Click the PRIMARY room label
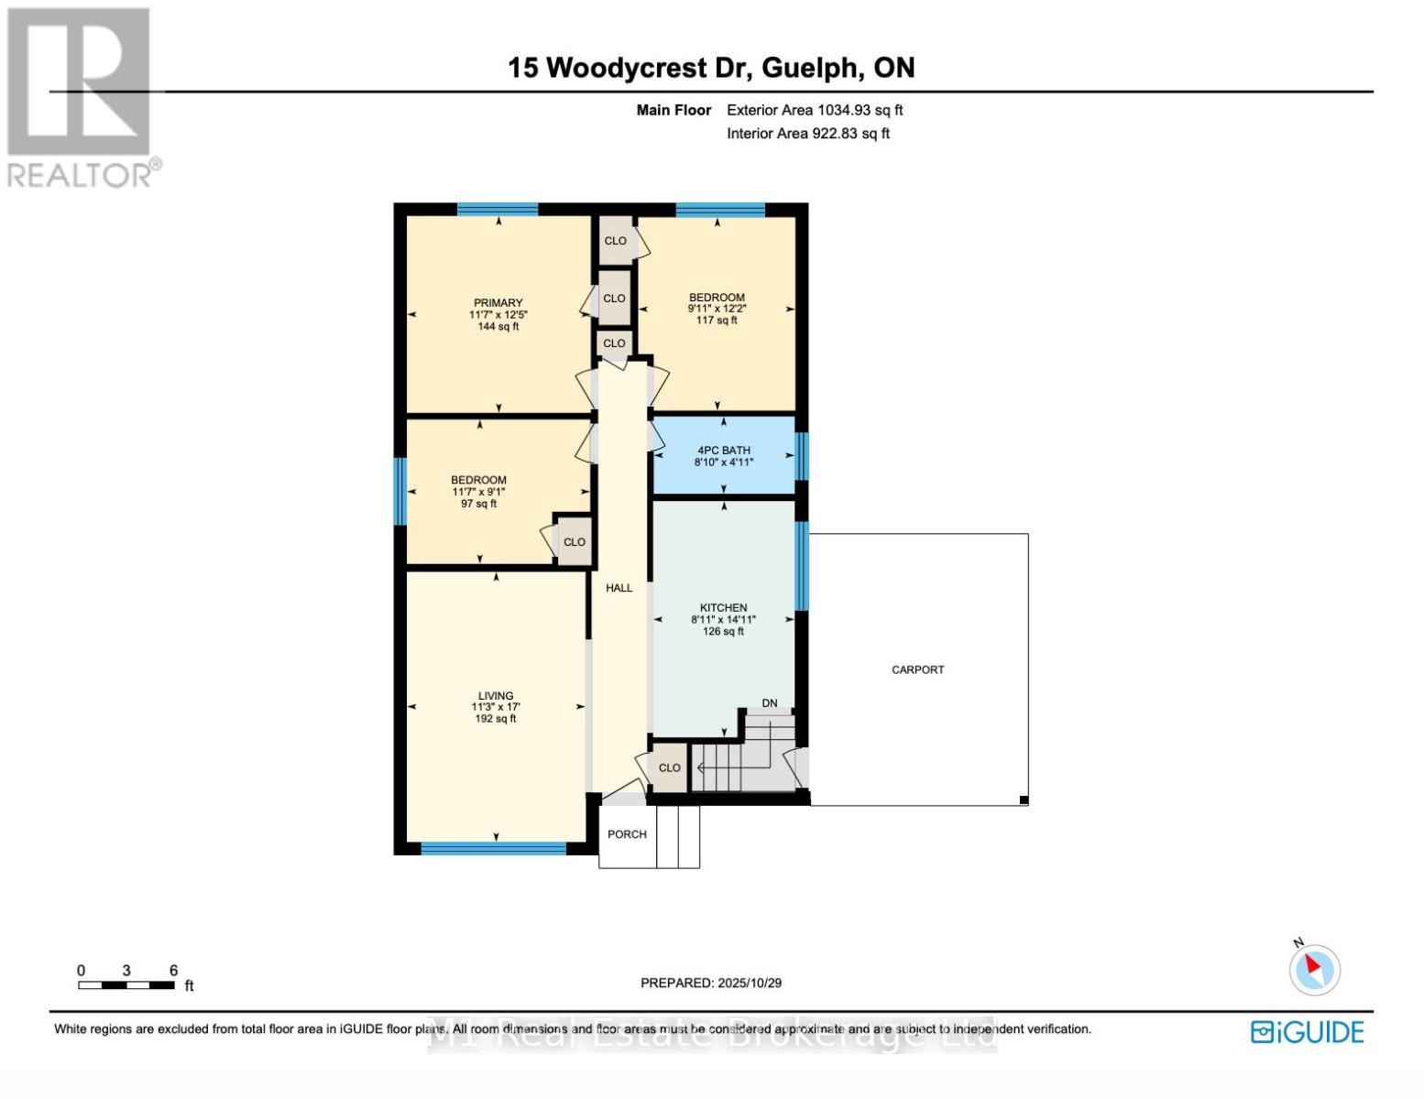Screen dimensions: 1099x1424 [498, 303]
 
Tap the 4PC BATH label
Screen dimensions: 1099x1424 [723, 451]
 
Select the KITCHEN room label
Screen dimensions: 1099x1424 [723, 608]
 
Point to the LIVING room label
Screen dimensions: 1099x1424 [495, 696]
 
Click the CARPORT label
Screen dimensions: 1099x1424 [917, 670]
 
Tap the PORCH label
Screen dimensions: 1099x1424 [627, 834]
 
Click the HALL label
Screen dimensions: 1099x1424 [619, 588]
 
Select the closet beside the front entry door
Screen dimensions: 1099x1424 [669, 767]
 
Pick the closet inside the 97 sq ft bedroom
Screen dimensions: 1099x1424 [575, 542]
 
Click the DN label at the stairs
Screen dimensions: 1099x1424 [769, 703]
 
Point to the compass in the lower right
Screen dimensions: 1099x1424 [1314, 969]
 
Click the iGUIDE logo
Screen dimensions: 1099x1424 [1307, 1032]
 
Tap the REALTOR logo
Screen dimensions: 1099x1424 [81, 96]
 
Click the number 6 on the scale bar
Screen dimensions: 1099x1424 [173, 971]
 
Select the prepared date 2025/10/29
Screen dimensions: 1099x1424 [750, 983]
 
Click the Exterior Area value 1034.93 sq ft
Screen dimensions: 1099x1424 [860, 110]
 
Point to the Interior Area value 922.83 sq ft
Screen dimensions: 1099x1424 [850, 134]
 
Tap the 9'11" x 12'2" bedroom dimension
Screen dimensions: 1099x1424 [717, 310]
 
